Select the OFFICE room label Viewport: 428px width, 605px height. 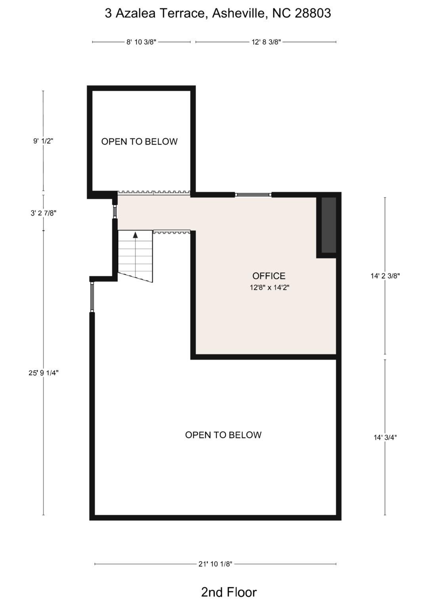click(269, 276)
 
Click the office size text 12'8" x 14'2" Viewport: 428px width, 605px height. click(269, 288)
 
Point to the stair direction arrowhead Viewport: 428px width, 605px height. click(136, 235)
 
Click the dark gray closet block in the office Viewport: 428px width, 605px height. click(329, 225)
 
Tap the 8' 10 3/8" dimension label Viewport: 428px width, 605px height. click(141, 42)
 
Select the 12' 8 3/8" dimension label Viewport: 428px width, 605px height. click(266, 42)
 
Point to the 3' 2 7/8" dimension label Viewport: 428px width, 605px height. click(44, 213)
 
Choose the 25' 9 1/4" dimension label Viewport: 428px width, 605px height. click(44, 373)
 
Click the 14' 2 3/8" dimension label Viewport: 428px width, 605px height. click(385, 276)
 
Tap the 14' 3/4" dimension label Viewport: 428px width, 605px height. click(385, 437)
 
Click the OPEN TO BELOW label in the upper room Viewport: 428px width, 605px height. click(139, 141)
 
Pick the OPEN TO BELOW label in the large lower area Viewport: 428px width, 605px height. click(223, 435)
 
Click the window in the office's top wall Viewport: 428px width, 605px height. click(253, 195)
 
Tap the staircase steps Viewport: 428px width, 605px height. click(136, 255)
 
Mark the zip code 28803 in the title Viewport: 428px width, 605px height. click(313, 13)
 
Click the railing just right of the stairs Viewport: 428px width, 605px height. click(172, 232)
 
